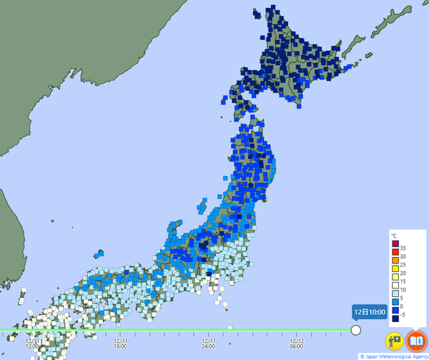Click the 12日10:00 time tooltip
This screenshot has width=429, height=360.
(370, 311)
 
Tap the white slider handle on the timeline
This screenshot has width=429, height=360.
(355, 330)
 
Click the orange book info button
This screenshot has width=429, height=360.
(415, 341)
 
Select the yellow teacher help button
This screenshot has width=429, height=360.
(394, 341)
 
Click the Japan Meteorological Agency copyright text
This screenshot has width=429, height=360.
(394, 356)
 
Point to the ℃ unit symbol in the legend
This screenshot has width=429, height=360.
(395, 235)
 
